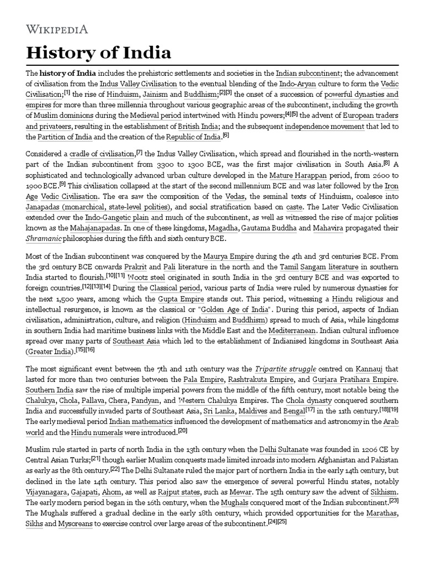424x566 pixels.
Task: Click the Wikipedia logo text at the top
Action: [x=57, y=29]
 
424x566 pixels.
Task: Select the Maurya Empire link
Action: [x=225, y=256]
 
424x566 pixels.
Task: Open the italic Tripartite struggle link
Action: [x=291, y=368]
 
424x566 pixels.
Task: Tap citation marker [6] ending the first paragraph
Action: [x=225, y=135]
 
